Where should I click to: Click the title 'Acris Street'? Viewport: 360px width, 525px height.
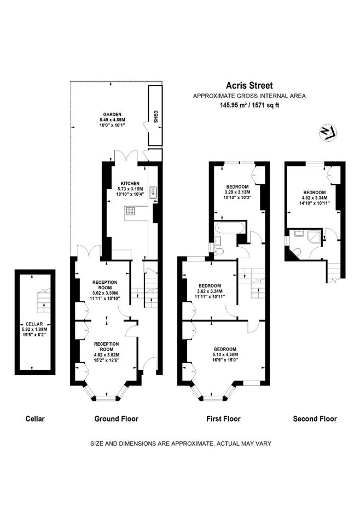pos(249,86)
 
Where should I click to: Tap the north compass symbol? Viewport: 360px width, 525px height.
pos(328,133)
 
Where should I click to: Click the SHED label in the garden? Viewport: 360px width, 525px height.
pos(156,116)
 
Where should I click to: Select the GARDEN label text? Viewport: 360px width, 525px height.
pos(112,114)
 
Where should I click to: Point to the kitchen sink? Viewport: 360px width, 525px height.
pos(153,192)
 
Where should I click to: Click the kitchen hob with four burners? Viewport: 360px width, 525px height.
pos(131,211)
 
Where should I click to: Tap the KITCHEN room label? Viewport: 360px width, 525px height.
pos(130,184)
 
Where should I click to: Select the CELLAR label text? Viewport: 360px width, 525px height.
pos(34,324)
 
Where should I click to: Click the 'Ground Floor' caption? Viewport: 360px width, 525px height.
pos(116,418)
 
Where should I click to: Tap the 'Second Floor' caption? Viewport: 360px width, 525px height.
pos(315,418)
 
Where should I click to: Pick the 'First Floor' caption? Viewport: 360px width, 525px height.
pos(223,418)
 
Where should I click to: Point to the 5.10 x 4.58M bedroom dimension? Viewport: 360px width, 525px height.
pos(224,354)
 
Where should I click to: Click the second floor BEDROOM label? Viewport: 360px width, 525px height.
pos(315,192)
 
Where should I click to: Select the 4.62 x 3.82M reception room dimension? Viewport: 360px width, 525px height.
pos(106,355)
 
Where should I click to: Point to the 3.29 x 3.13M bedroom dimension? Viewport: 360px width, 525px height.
pos(237,192)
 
